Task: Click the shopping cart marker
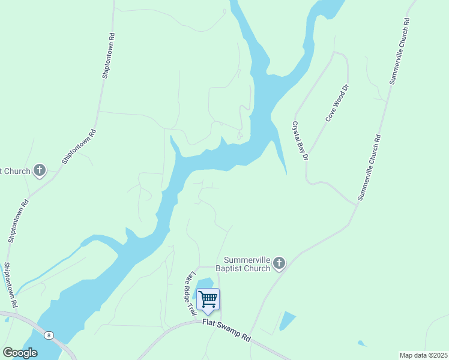point(208,299)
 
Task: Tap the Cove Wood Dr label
point(337,104)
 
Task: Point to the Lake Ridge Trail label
point(191,292)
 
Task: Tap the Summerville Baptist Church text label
point(247,264)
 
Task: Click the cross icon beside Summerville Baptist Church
point(279,263)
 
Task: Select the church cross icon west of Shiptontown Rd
point(40,171)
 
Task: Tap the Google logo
point(20,352)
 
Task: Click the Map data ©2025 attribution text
point(423,355)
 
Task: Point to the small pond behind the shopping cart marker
point(204,284)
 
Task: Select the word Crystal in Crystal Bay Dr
point(296,130)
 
